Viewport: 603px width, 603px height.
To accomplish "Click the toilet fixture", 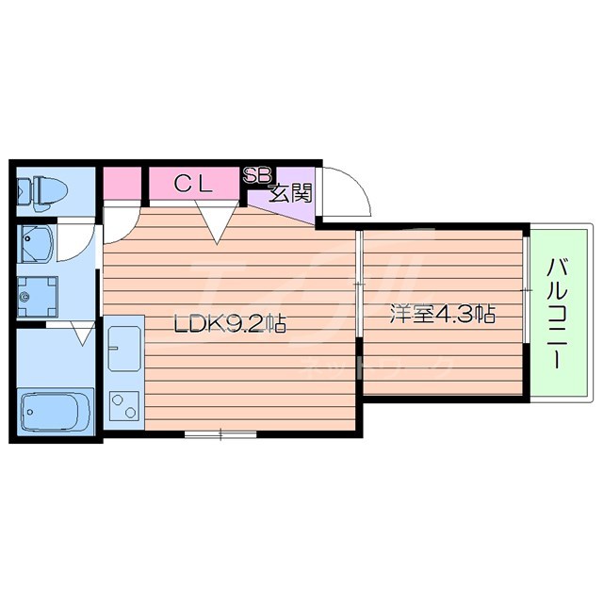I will [x=42, y=189].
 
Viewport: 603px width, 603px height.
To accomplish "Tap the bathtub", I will [x=55, y=410].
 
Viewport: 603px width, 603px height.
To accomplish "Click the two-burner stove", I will [x=123, y=407].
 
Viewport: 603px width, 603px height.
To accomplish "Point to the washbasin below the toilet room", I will [x=39, y=244].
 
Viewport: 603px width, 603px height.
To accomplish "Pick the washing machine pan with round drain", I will [x=38, y=298].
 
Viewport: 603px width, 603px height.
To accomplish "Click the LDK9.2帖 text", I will [x=229, y=325].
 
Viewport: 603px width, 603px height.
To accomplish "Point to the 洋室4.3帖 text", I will [x=444, y=315].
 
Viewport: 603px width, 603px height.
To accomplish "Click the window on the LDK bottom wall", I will [x=220, y=434].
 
